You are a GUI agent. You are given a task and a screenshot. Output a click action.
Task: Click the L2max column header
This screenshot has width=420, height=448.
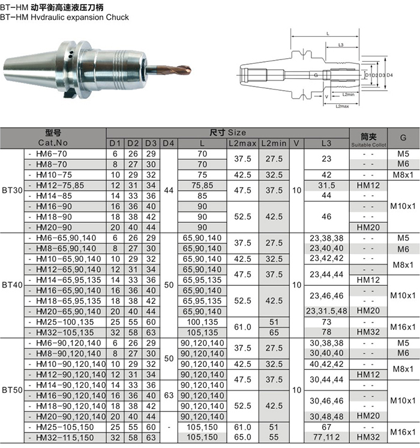pyautogui.click(x=242, y=144)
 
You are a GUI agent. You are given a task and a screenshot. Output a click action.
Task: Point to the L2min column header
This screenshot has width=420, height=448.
pyautogui.click(x=274, y=144)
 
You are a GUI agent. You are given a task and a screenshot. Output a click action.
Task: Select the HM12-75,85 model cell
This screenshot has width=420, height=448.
pyautogui.click(x=61, y=185)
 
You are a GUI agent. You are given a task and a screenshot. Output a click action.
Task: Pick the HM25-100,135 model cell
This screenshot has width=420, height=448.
pyautogui.click(x=65, y=322)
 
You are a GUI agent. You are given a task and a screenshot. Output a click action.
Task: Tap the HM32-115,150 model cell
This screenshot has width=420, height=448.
pyautogui.click(x=65, y=437)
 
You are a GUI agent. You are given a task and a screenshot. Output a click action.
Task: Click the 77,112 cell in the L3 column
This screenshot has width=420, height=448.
pyautogui.click(x=326, y=437)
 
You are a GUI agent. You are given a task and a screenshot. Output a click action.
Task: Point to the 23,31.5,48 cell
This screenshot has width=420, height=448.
pyautogui.click(x=326, y=311)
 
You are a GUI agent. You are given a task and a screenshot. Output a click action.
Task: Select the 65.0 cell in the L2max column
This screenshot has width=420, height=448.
pyautogui.click(x=242, y=437)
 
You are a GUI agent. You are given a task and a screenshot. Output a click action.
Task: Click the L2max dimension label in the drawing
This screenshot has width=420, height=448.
pyautogui.click(x=342, y=106)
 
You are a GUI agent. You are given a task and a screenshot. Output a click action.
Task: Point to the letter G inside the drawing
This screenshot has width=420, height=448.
pyautogui.click(x=316, y=76)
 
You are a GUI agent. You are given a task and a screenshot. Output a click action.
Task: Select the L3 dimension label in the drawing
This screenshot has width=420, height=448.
pyautogui.click(x=340, y=45)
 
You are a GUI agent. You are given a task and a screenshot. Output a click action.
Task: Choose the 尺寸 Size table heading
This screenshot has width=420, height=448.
pyautogui.click(x=228, y=132)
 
